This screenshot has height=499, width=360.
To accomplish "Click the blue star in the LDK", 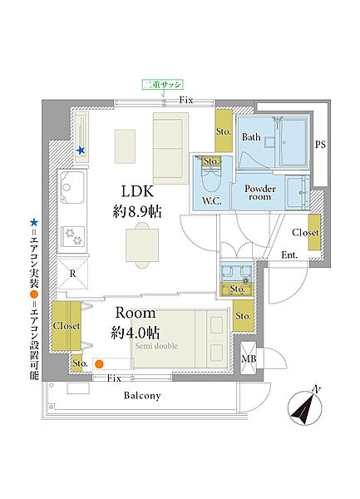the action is click(x=81, y=151).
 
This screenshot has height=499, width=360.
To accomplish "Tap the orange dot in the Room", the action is click(x=99, y=364).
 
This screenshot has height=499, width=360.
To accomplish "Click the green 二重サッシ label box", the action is click(x=162, y=85).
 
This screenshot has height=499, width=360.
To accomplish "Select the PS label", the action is click(x=320, y=145).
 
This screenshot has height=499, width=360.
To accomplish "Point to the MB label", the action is click(x=249, y=359).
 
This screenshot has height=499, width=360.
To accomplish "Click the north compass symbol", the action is click(x=305, y=407).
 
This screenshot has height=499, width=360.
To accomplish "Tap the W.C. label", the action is click(x=212, y=201).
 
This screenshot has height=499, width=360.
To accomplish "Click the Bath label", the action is click(x=251, y=137).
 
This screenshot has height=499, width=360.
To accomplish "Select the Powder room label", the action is click(x=260, y=193).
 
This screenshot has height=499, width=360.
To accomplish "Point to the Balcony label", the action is click(x=142, y=396).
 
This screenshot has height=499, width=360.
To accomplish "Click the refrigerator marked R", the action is click(x=72, y=274).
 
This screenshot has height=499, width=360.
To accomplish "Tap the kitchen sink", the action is click(x=72, y=187).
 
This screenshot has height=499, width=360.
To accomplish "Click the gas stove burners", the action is click(x=73, y=236).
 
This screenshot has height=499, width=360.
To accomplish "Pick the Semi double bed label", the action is click(x=156, y=346).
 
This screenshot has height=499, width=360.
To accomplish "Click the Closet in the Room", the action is click(x=67, y=326).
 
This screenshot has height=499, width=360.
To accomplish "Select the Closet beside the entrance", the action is click(x=314, y=232).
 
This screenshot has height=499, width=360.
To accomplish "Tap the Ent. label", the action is click(x=289, y=255).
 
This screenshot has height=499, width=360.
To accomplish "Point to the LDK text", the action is click(x=137, y=191).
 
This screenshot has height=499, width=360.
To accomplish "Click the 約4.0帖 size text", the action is click(x=136, y=333).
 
